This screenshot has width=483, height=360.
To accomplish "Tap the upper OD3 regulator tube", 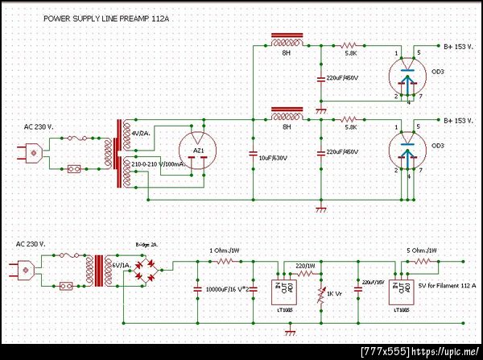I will tap(407, 77).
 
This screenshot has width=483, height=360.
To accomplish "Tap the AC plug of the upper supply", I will tap(33, 152).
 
